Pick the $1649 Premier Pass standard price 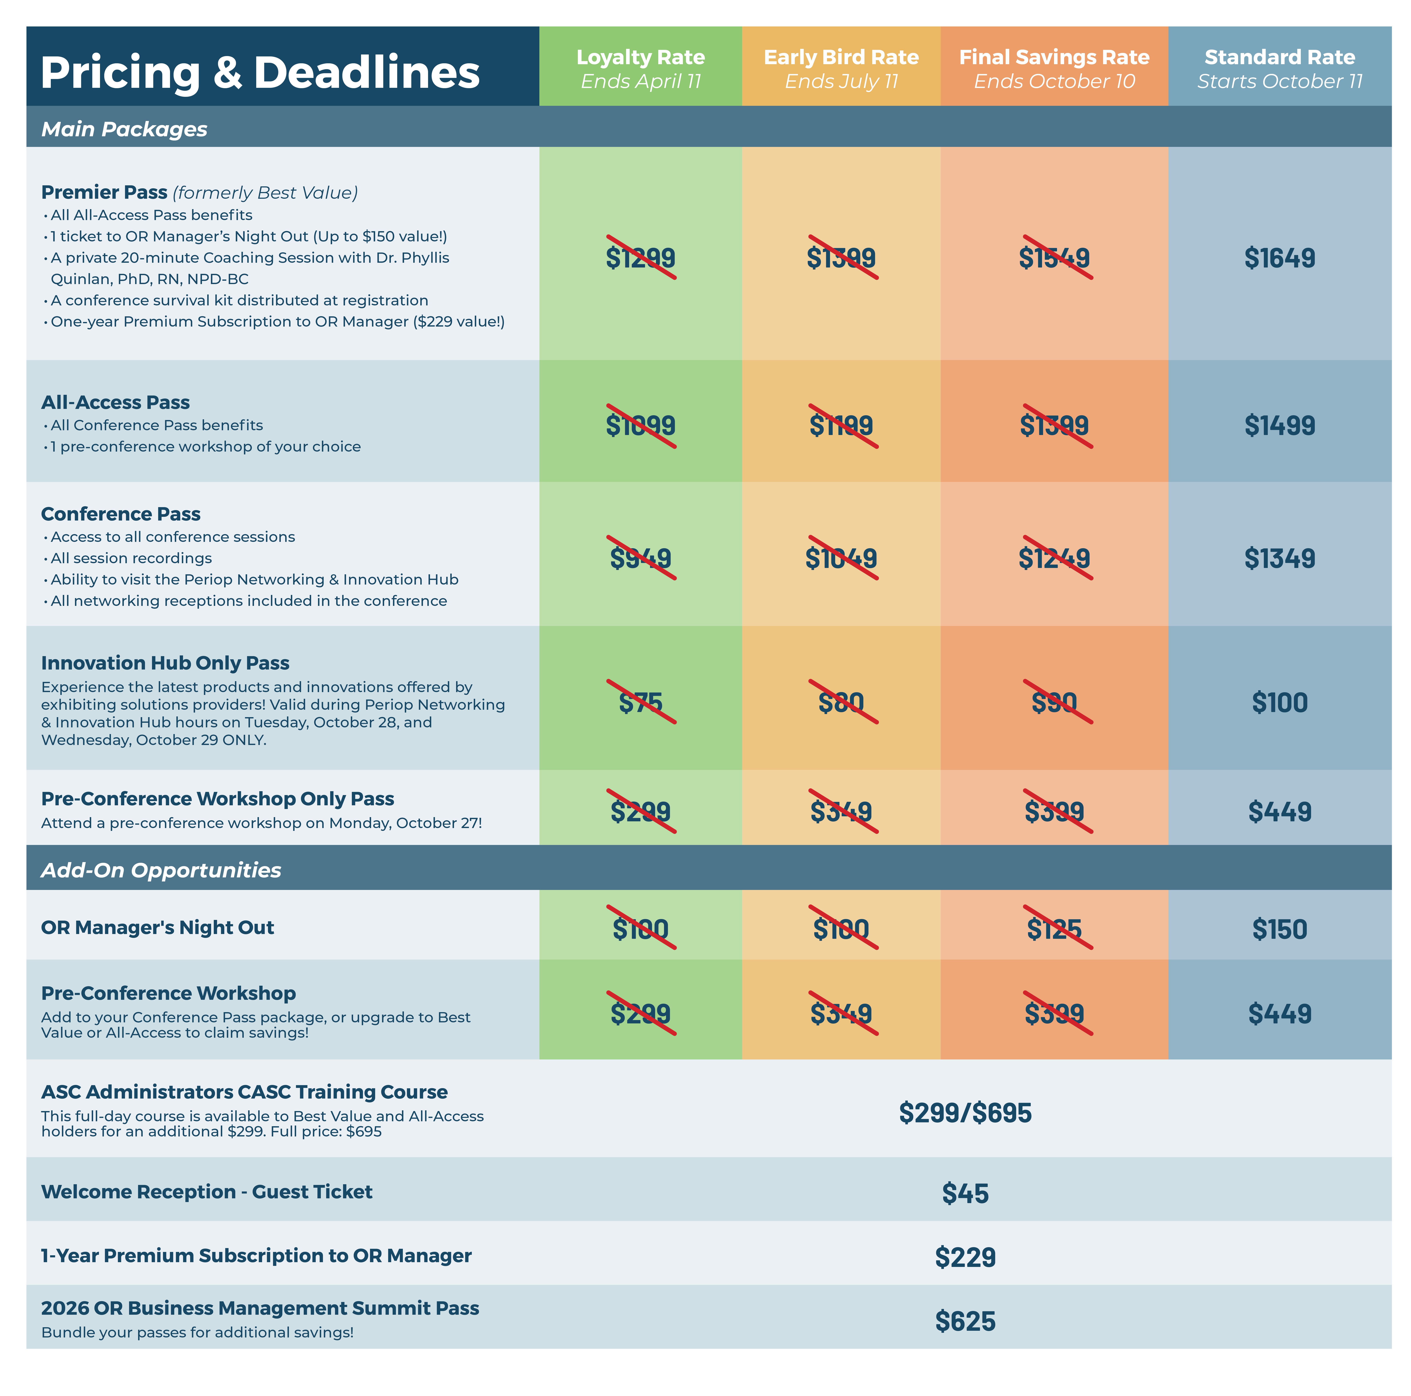click(x=1280, y=258)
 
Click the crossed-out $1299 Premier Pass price click(x=640, y=258)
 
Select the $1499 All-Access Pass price click(x=1280, y=425)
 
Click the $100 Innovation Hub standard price click(x=1280, y=702)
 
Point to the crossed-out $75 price click(x=640, y=702)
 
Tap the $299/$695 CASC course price click(x=965, y=1113)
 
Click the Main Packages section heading click(x=124, y=129)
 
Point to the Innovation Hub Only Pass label click(x=165, y=663)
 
